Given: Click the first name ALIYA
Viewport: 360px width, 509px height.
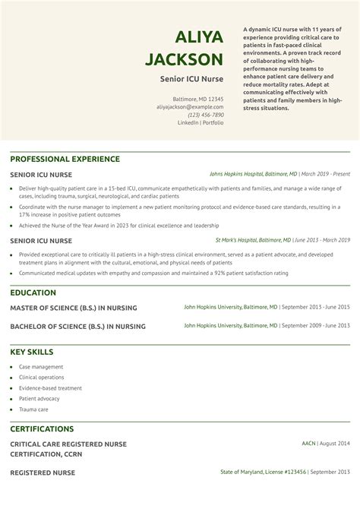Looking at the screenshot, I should (199, 37).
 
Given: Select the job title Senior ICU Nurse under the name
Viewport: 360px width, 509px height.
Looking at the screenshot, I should (191, 78).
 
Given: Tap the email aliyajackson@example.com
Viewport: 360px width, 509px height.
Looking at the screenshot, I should (190, 107).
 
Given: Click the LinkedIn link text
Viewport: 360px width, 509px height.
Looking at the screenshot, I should (188, 122).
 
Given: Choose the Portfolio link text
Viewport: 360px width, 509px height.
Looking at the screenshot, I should (213, 122).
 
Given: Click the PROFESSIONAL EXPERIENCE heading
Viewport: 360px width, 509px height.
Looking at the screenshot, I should (65, 159).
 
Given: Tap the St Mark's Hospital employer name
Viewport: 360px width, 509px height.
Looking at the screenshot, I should (237, 240).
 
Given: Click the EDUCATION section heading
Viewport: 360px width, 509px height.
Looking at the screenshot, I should (33, 292).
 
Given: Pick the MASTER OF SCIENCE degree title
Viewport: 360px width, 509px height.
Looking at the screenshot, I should (74, 308).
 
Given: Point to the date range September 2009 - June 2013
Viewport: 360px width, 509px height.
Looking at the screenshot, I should (316, 325).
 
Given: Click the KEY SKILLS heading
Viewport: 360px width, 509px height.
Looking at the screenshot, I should (31, 352).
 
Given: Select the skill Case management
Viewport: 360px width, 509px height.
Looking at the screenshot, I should (41, 367).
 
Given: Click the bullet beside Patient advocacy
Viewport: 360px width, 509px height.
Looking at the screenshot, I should (11, 399).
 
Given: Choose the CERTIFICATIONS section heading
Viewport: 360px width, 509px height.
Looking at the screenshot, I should (42, 428).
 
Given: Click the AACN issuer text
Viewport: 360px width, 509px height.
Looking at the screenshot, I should (308, 443).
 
